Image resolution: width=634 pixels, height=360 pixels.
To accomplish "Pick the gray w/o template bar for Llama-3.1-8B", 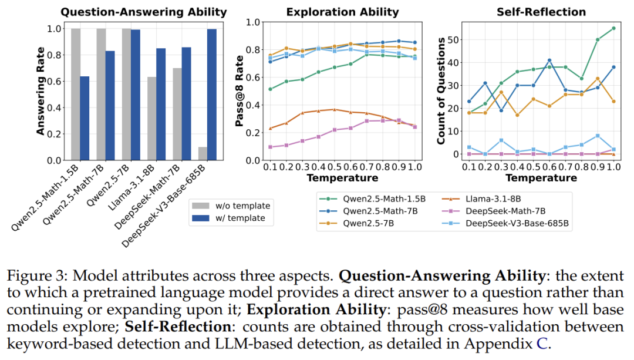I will coord(151,119).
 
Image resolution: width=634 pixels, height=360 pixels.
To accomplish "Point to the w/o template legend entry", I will coord(232,206).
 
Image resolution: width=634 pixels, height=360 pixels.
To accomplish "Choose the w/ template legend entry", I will coord(232,218).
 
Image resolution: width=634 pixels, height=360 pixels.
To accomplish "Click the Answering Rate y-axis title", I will coord(41,91).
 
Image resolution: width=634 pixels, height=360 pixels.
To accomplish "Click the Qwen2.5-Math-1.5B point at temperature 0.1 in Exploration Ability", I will coord(269,89).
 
